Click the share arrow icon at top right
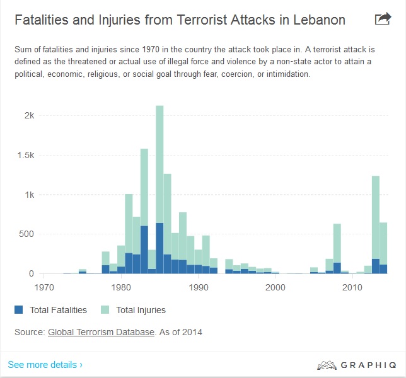[383, 19]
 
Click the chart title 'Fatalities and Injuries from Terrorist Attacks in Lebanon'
[180, 20]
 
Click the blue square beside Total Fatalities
[19, 309]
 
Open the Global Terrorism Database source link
[101, 332]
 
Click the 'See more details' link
[45, 365]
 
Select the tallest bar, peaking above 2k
[159, 189]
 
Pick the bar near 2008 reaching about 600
[337, 246]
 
